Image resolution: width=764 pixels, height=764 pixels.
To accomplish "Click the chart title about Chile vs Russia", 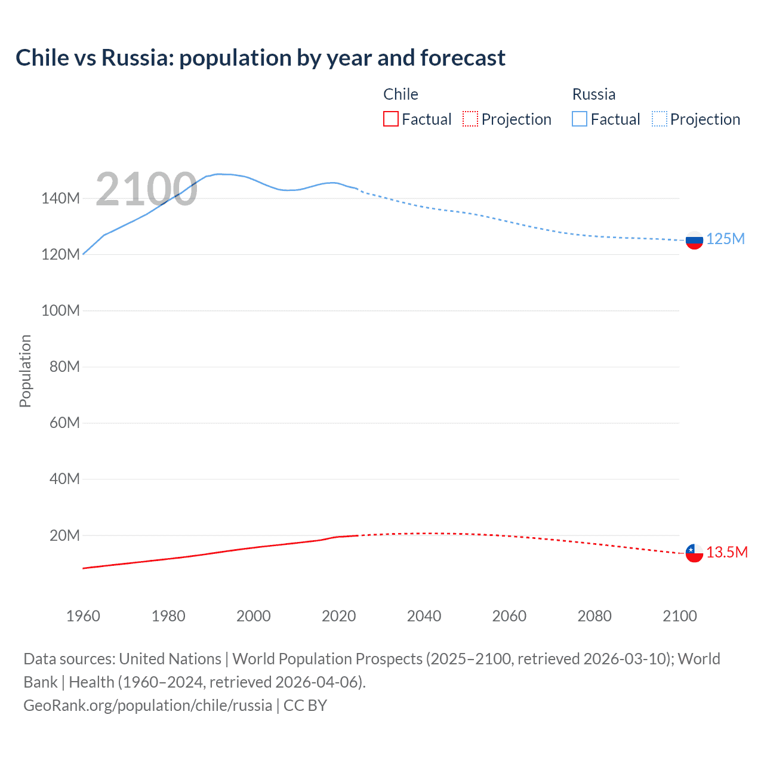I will click(260, 58).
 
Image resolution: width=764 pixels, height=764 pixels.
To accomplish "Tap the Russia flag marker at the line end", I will click(694, 241).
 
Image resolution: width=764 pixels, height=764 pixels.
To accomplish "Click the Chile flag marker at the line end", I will click(694, 553).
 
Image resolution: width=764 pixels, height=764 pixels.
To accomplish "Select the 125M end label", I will click(725, 239).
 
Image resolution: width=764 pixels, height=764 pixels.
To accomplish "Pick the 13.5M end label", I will click(726, 553).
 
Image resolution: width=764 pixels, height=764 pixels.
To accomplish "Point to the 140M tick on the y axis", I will click(60, 199).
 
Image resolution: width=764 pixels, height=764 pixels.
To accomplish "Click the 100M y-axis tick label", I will click(60, 311).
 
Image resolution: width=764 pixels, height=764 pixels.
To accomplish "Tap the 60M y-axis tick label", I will click(64, 423).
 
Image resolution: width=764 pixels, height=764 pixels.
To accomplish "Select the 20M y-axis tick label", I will click(64, 535).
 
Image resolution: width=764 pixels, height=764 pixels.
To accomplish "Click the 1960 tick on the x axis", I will click(83, 616).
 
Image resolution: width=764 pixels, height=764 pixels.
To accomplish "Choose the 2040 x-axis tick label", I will click(424, 616).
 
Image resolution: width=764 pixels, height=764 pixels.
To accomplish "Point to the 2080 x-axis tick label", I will click(594, 616).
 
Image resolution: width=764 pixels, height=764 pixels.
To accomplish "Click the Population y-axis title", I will click(25, 371).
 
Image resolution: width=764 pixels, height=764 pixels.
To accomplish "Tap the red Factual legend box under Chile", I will click(390, 119).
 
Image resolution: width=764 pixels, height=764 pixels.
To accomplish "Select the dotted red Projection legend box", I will click(470, 119).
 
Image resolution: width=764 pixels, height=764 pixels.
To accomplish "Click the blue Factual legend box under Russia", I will click(580, 119).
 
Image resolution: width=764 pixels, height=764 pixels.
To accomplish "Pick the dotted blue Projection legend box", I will click(660, 119).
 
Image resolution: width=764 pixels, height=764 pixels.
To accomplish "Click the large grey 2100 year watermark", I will click(146, 189).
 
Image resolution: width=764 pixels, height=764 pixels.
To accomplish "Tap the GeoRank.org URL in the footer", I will click(147, 706).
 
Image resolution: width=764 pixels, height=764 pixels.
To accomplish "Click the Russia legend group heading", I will click(593, 94).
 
